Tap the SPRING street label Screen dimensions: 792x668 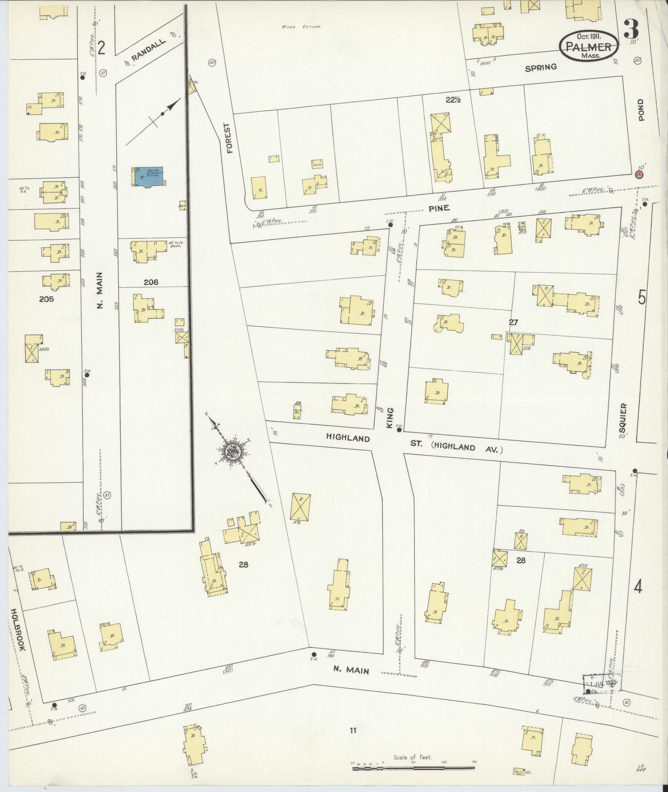click(x=541, y=67)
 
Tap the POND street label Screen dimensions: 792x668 click(x=641, y=110)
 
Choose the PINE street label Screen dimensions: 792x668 click(x=439, y=208)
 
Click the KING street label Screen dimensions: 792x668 click(x=390, y=418)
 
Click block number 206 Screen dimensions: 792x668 click(x=151, y=282)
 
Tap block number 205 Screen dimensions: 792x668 click(x=47, y=299)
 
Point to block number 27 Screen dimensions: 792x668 click(x=513, y=323)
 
